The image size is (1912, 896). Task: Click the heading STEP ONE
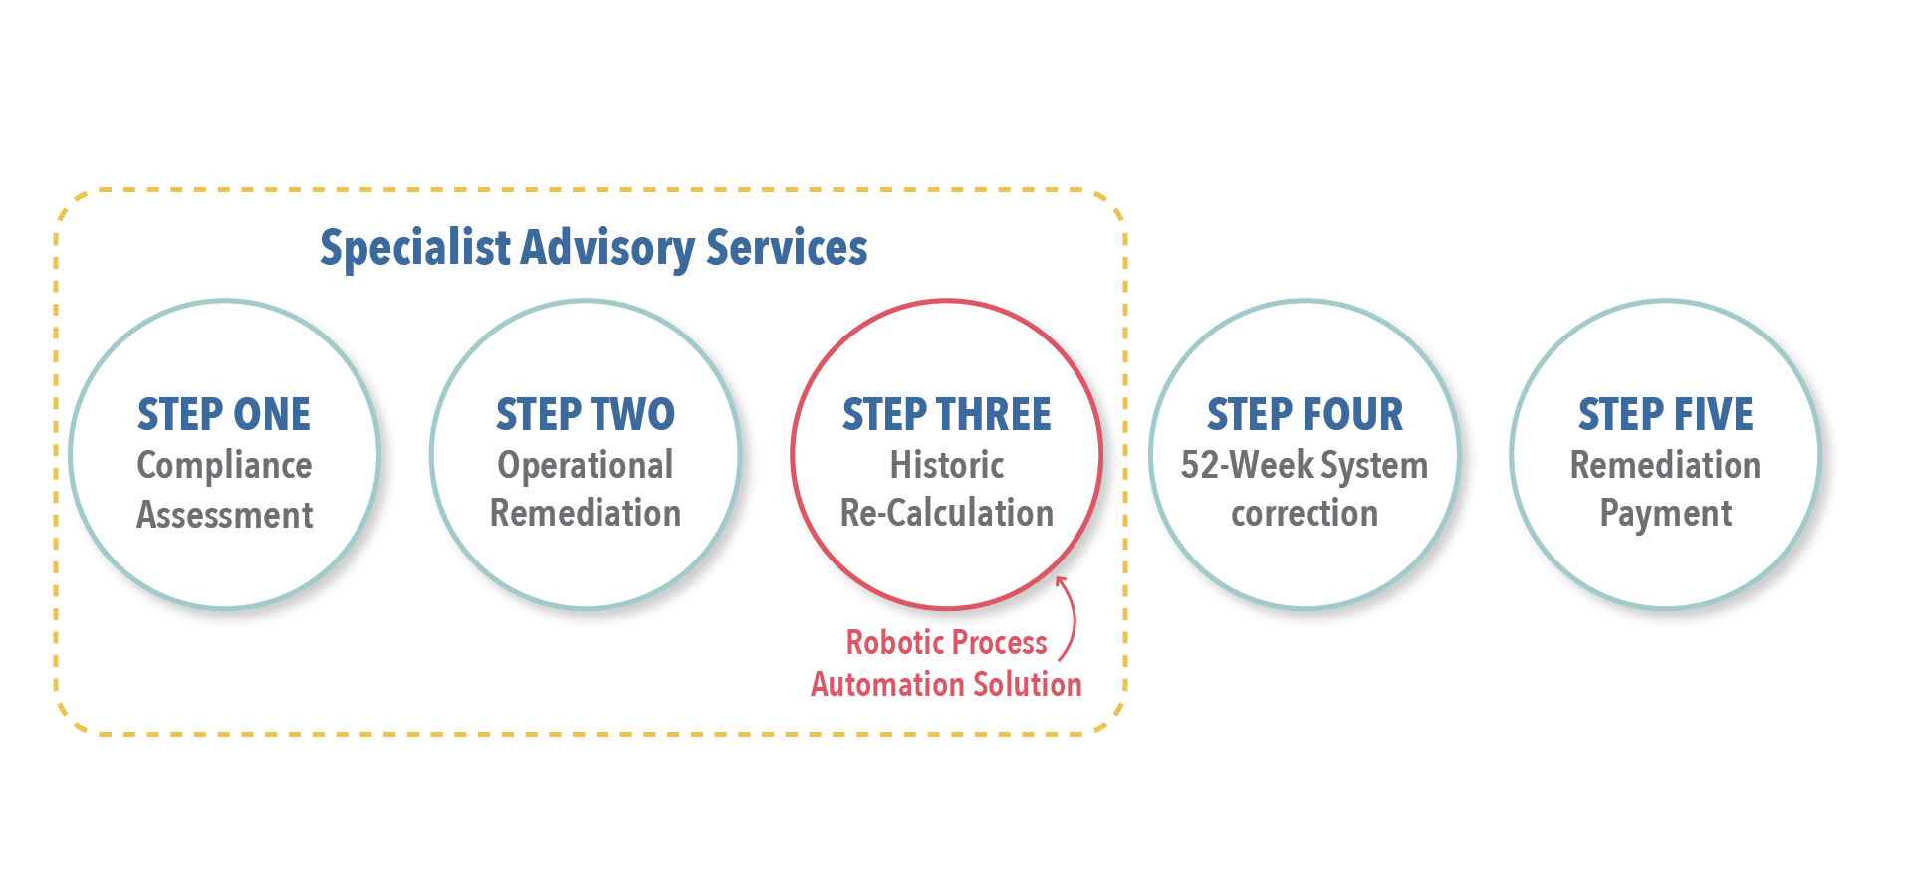pyautogui.click(x=224, y=414)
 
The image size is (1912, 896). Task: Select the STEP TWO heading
pyautogui.click(x=586, y=414)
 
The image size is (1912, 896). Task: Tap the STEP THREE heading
pyautogui.click(x=947, y=414)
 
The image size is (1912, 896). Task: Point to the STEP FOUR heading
pyautogui.click(x=1305, y=414)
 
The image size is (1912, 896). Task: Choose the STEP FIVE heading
pyautogui.click(x=1666, y=414)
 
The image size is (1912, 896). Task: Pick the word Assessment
pyautogui.click(x=225, y=515)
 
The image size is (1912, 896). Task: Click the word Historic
pyautogui.click(x=947, y=465)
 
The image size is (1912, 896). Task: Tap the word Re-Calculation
pyautogui.click(x=947, y=513)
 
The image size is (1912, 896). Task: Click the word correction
pyautogui.click(x=1305, y=514)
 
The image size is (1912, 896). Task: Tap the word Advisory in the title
pyautogui.click(x=607, y=249)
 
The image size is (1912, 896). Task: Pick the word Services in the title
pyautogui.click(x=787, y=248)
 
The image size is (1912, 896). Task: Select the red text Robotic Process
pyautogui.click(x=946, y=642)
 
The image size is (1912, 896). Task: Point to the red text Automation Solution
pyautogui.click(x=946, y=684)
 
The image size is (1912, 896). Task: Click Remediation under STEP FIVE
pyautogui.click(x=1666, y=465)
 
